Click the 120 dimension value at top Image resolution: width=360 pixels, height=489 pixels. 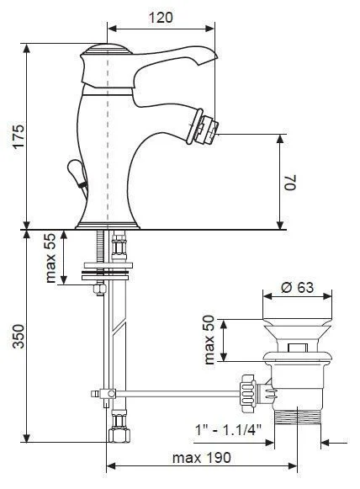161,17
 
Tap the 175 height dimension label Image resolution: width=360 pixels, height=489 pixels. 17,136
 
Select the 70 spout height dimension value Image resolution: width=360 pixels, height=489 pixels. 290,183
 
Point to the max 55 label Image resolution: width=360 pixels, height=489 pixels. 50,258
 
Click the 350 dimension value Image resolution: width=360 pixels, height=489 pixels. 18,336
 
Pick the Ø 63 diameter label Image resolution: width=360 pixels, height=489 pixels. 297,287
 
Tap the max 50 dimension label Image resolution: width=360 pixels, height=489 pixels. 209,340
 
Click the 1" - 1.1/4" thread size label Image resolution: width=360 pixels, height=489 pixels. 228,430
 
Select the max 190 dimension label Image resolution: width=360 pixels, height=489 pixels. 202,458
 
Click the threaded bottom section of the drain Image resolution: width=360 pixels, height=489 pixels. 298,417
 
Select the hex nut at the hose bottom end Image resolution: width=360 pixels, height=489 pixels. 119,435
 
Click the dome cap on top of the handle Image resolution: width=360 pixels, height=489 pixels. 107,49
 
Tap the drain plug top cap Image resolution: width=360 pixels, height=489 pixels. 297,323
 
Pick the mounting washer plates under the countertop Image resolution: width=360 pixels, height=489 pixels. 106,271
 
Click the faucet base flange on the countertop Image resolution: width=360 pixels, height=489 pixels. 108,226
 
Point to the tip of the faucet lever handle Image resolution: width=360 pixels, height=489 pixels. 215,56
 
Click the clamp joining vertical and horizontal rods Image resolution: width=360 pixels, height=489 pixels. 108,394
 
